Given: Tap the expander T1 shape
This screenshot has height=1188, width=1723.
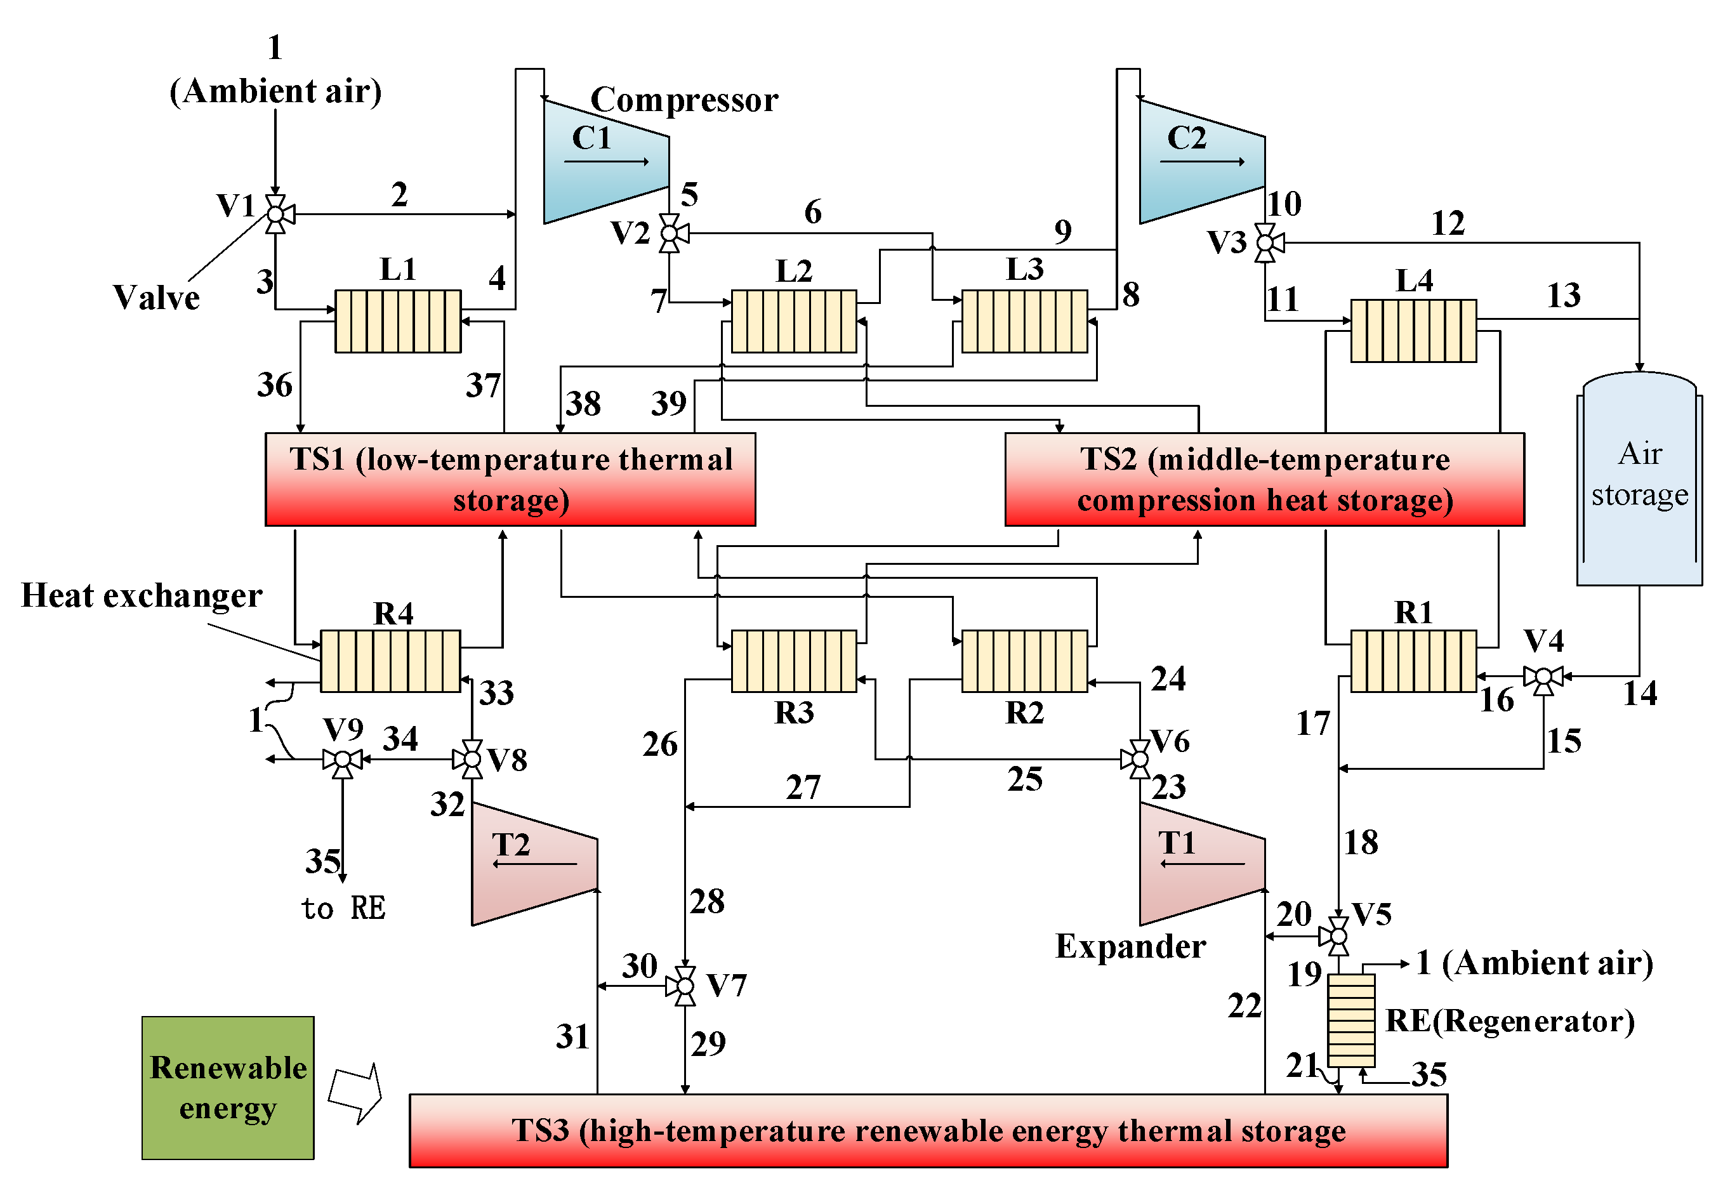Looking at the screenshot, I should click(x=1200, y=864).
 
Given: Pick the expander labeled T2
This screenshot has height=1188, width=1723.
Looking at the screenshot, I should click(x=533, y=864).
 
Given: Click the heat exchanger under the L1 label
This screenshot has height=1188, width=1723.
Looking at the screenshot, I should click(x=397, y=321).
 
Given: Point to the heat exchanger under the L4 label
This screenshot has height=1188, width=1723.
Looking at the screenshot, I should click(x=1413, y=331).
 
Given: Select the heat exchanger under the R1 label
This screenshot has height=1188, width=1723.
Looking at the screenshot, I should click(x=1413, y=661).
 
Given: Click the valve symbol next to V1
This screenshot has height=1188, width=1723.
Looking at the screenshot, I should click(x=275, y=214).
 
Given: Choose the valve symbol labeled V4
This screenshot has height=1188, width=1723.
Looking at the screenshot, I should click(x=1543, y=677).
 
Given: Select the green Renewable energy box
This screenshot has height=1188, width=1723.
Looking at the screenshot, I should click(x=228, y=1088).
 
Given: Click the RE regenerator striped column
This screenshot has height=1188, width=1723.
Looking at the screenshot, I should click(x=1351, y=1020).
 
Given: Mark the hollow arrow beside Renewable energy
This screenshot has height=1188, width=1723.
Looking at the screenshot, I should click(x=356, y=1093).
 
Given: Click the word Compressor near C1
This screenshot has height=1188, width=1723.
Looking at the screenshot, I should click(x=683, y=100).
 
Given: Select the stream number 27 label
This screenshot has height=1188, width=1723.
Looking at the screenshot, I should click(x=802, y=788).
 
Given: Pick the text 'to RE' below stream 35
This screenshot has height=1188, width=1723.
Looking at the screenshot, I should click(x=343, y=908).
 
